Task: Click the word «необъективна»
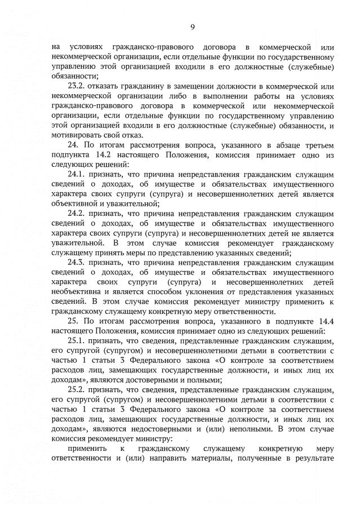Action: [78, 292]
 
